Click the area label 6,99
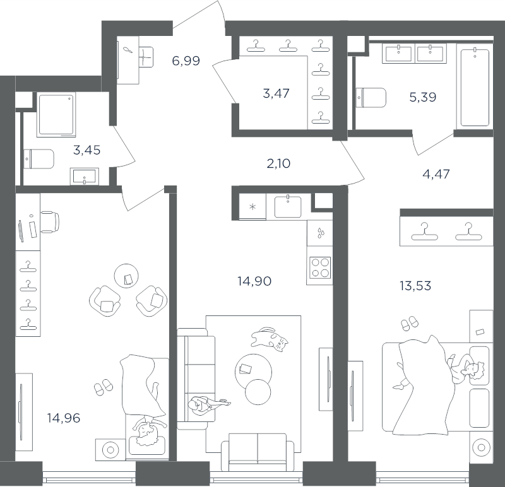tap(186, 61)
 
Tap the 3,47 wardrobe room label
tap(276, 93)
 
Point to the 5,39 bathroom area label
tap(422, 97)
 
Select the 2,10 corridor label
tap(278, 164)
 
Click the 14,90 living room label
tap(254, 281)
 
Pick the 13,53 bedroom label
tap(415, 286)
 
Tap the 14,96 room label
tap(64, 418)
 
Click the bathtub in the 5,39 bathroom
tap(475, 87)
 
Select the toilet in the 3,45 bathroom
tap(39, 159)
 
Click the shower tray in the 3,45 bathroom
tap(57, 115)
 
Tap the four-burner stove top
tap(320, 267)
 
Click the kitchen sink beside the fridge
tap(288, 207)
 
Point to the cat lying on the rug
tap(270, 339)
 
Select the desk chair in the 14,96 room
tap(50, 222)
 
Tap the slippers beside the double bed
tap(409, 323)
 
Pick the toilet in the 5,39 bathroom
tap(371, 98)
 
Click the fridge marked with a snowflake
tap(252, 207)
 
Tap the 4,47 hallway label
tap(436, 174)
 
